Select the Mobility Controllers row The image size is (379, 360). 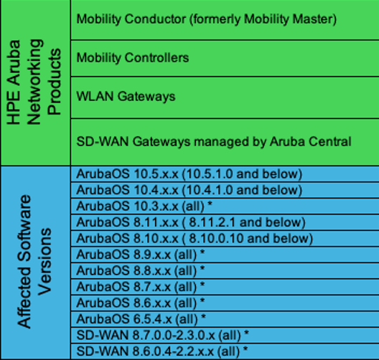coord(224,57)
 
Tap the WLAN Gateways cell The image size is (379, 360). coord(224,96)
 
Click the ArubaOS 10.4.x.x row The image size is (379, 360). coord(188,190)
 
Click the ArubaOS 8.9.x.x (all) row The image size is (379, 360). coord(141,255)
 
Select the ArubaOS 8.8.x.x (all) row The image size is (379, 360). coord(141,270)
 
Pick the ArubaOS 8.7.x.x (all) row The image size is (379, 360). coord(141,286)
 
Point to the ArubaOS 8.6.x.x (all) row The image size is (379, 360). coord(141,302)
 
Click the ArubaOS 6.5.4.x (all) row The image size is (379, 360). coord(141,318)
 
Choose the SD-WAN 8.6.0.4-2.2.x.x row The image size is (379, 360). coord(162,351)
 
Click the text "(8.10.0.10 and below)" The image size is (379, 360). coord(230,238)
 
